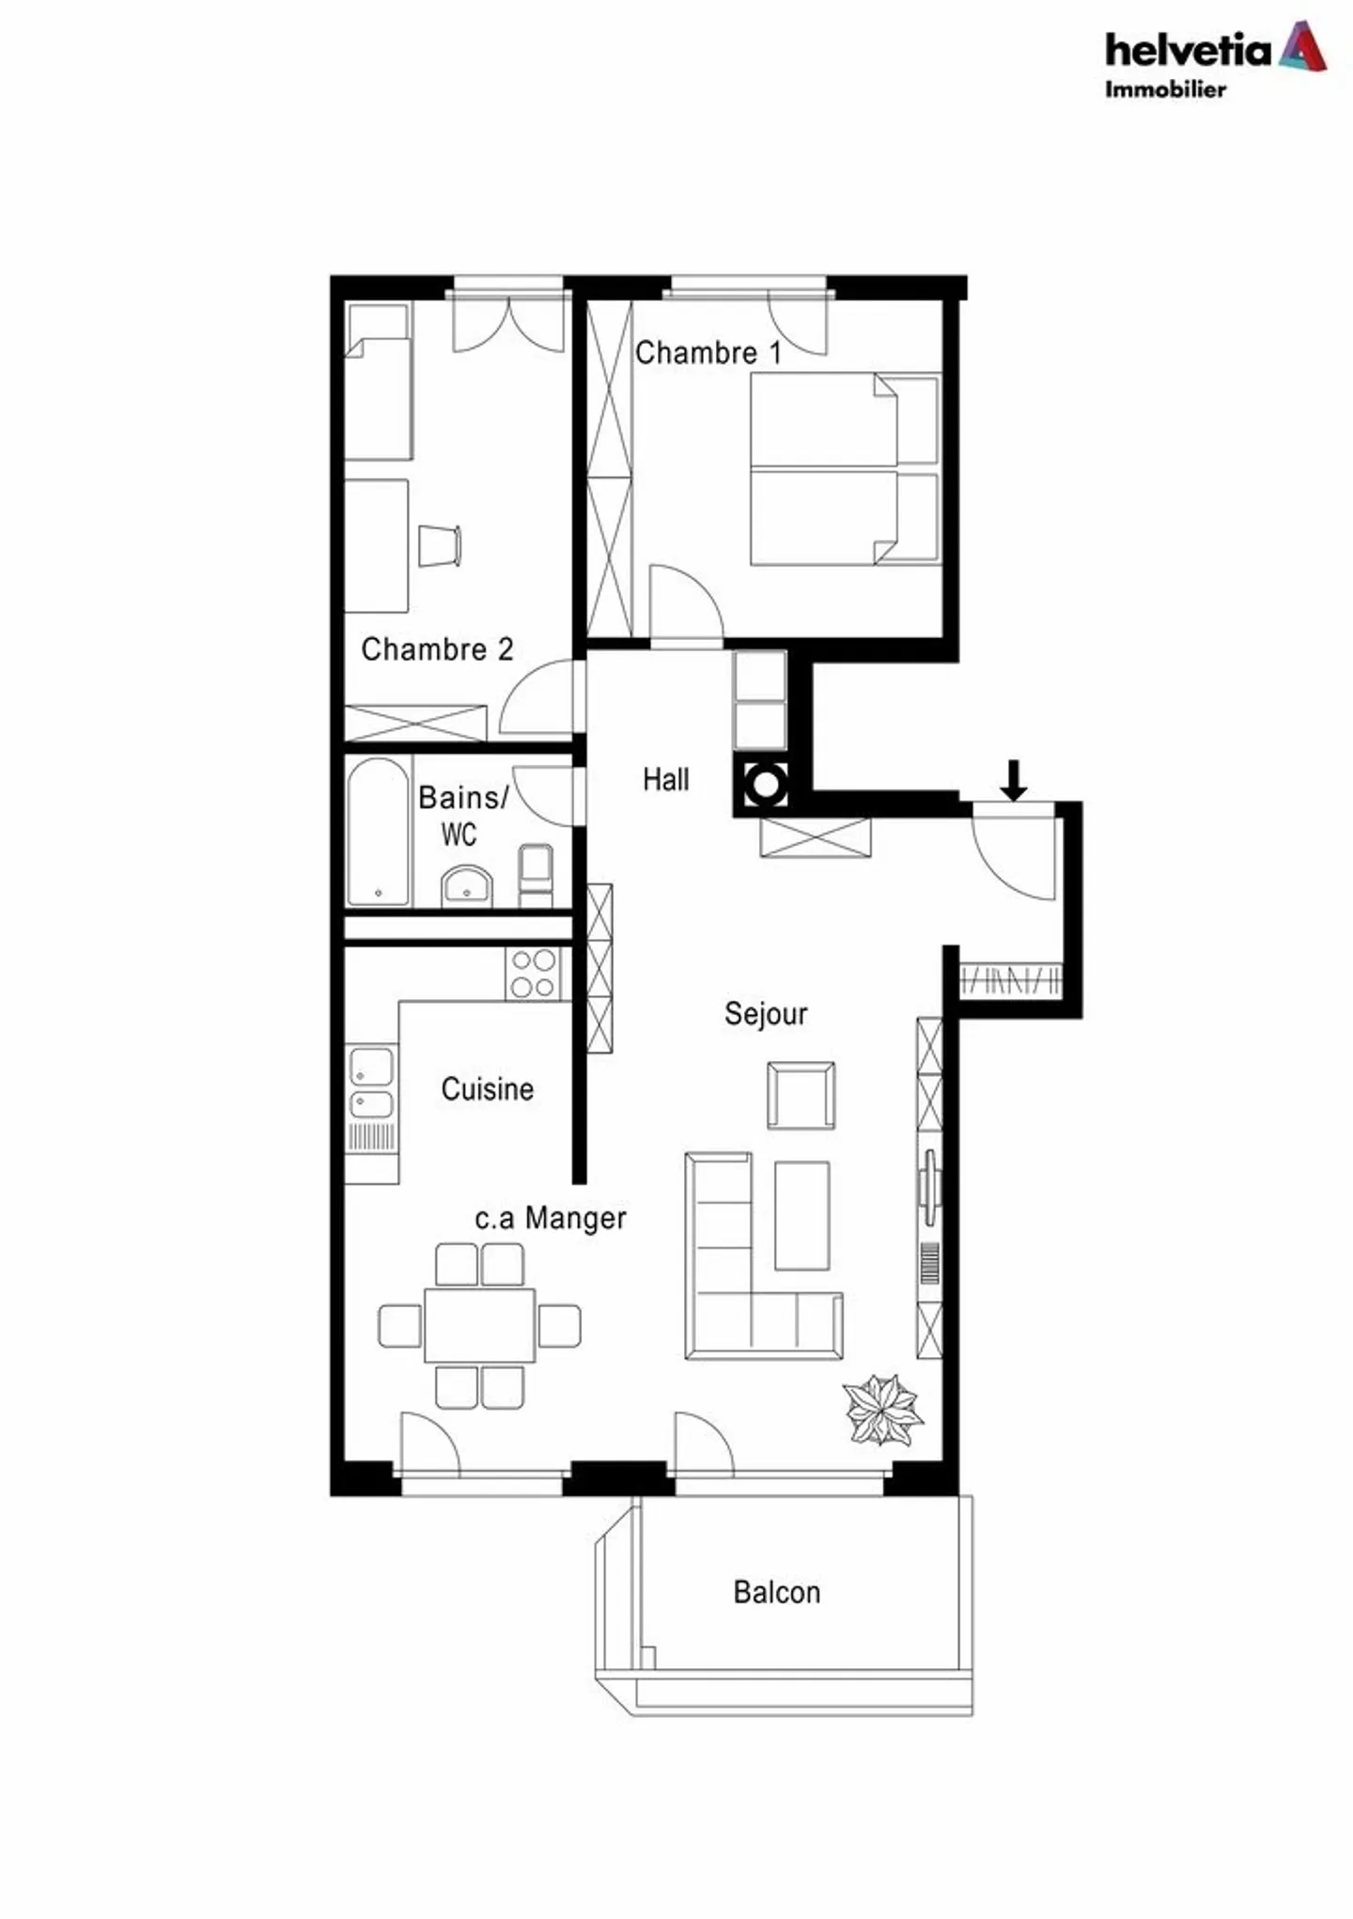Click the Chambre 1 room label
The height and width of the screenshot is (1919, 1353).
pos(708,353)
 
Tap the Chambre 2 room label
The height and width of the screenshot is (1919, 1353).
pos(437,649)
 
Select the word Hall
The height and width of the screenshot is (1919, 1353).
pos(666,779)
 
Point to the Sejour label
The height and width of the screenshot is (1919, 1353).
pos(766,1014)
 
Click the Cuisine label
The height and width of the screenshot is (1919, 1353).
pos(488,1089)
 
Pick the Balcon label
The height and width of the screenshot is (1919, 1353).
pos(777,1592)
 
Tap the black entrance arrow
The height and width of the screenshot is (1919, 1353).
pos(1013,780)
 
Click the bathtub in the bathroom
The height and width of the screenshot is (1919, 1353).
pos(379,832)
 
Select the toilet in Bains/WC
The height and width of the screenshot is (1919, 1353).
pos(536,876)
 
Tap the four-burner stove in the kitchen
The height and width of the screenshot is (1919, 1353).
pos(533,974)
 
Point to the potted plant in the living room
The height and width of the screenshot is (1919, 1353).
pos(882,1409)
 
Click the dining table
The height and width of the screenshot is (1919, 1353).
pos(479,1325)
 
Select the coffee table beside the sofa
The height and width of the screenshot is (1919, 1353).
pos(801,1215)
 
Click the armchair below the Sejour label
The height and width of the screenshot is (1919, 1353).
pos(801,1096)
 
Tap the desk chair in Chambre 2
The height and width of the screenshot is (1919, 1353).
pos(440,546)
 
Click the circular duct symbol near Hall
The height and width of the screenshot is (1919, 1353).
pos(766,784)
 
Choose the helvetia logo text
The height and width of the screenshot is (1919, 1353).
pos(1188,50)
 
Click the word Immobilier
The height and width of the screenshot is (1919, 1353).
pos(1165,89)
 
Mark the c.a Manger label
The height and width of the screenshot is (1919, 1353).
pos(551,1218)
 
